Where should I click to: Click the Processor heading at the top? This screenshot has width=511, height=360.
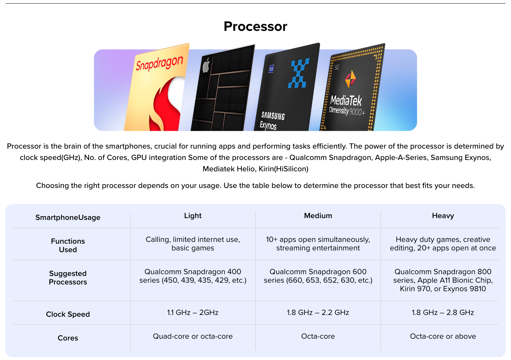[255, 27]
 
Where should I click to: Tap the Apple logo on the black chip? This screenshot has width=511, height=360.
[206, 65]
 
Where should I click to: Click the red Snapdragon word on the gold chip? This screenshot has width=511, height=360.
[159, 63]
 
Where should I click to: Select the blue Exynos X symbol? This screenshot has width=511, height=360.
[299, 73]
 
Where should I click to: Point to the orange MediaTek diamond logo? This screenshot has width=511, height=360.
[350, 79]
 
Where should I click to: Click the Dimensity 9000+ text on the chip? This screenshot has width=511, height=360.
[347, 111]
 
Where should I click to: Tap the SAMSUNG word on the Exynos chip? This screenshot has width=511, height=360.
[273, 116]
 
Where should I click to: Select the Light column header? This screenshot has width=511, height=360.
[193, 216]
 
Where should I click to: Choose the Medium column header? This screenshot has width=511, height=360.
[318, 216]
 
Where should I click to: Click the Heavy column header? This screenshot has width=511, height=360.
[443, 216]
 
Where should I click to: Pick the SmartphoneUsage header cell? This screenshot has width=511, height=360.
[68, 217]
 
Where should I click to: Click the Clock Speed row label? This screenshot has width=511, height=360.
[68, 314]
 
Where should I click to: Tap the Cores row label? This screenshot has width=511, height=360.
[68, 338]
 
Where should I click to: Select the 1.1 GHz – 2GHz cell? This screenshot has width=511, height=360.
[193, 312]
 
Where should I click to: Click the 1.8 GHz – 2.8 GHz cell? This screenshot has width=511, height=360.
[443, 312]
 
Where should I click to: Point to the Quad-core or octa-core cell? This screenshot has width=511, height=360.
[193, 336]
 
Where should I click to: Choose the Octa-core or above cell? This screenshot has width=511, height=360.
[443, 336]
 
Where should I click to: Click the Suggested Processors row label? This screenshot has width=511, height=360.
[68, 278]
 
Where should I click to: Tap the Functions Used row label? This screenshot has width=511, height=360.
[68, 245]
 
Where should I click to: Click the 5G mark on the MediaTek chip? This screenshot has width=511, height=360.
[337, 67]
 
